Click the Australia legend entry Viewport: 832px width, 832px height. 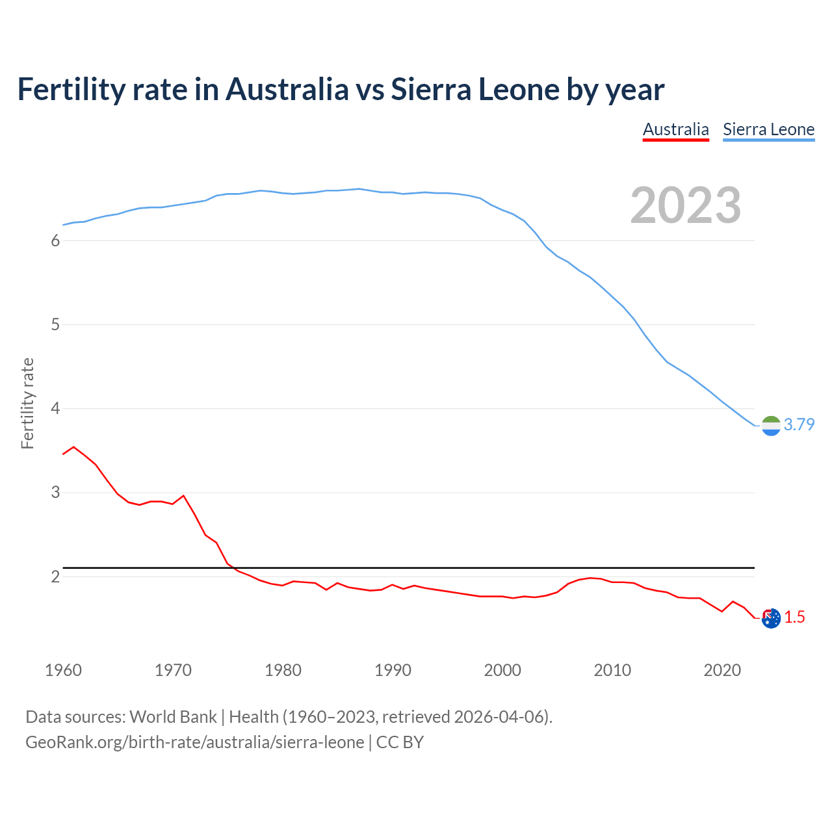(x=675, y=129)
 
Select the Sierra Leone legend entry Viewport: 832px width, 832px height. (x=768, y=129)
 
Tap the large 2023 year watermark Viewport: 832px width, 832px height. (x=686, y=205)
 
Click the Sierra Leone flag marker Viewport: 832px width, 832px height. (x=771, y=425)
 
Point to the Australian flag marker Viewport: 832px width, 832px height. (x=771, y=618)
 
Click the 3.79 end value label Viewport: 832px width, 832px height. (x=799, y=424)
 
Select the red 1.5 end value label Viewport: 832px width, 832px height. (x=794, y=617)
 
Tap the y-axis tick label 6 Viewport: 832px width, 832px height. (x=55, y=240)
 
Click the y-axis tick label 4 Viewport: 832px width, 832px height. (x=55, y=408)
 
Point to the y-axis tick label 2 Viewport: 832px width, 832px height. (x=55, y=577)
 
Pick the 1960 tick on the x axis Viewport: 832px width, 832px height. (x=63, y=670)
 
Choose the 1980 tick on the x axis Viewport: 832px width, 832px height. (x=283, y=670)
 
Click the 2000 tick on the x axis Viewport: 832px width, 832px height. (x=502, y=670)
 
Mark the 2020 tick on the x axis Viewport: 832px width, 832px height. (x=722, y=670)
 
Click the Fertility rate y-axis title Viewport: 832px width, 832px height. (x=27, y=403)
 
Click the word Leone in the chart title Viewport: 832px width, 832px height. (x=519, y=90)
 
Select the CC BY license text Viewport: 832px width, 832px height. (x=400, y=742)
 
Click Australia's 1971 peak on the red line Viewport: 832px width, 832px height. (x=183, y=496)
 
